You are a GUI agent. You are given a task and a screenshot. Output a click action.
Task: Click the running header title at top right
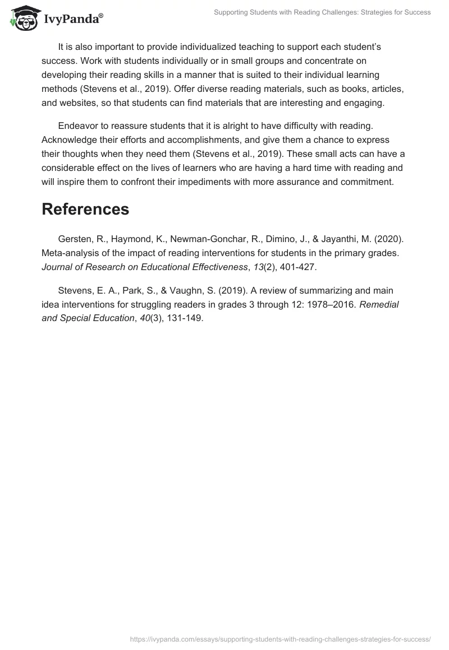[x=322, y=12]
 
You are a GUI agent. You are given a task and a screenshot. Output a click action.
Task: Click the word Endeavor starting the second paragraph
[x=77, y=124]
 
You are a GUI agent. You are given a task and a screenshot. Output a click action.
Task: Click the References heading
[x=85, y=209]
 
